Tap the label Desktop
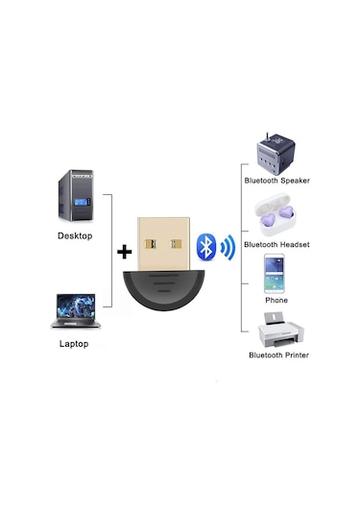click(x=75, y=235)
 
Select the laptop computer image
click(x=73, y=313)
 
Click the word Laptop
click(x=73, y=344)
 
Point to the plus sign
click(x=123, y=253)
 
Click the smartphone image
click(x=277, y=273)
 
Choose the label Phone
click(x=276, y=300)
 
